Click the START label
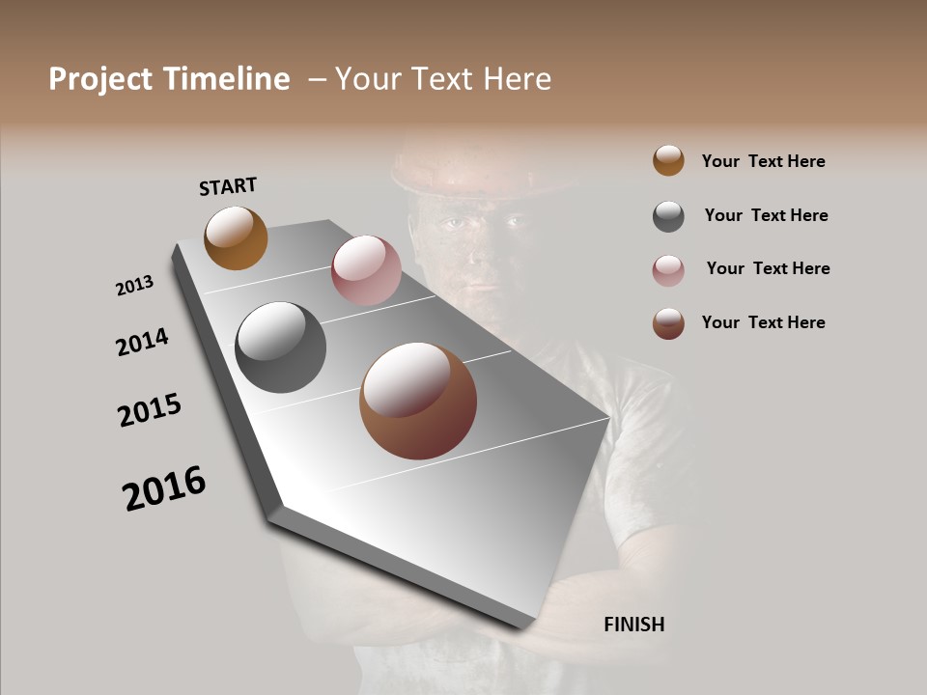[228, 186]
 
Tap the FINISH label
[633, 625]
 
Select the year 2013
[134, 286]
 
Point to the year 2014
[142, 343]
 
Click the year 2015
[150, 410]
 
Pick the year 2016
[164, 487]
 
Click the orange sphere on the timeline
[236, 237]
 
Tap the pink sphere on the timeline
[366, 270]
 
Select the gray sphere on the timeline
[280, 347]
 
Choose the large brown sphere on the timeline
[417, 401]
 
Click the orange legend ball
[668, 161]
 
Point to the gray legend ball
[668, 216]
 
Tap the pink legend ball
[668, 270]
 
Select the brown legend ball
[668, 323]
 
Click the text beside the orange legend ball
[763, 161]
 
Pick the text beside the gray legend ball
[766, 215]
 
